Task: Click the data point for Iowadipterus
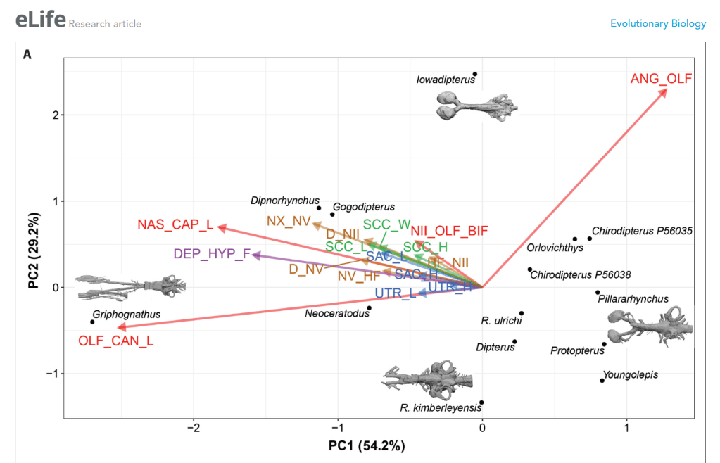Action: pyautogui.click(x=475, y=74)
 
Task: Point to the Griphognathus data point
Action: pyautogui.click(x=92, y=322)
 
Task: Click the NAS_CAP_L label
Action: pyautogui.click(x=175, y=225)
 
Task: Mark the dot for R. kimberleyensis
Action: pyautogui.click(x=481, y=402)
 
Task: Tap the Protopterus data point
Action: pyautogui.click(x=604, y=344)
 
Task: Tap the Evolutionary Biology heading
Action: pyautogui.click(x=657, y=23)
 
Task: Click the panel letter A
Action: pyautogui.click(x=27, y=53)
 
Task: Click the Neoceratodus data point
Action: pyautogui.click(x=369, y=307)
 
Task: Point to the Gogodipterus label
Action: pyautogui.click(x=364, y=207)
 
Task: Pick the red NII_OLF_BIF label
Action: pyautogui.click(x=449, y=229)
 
